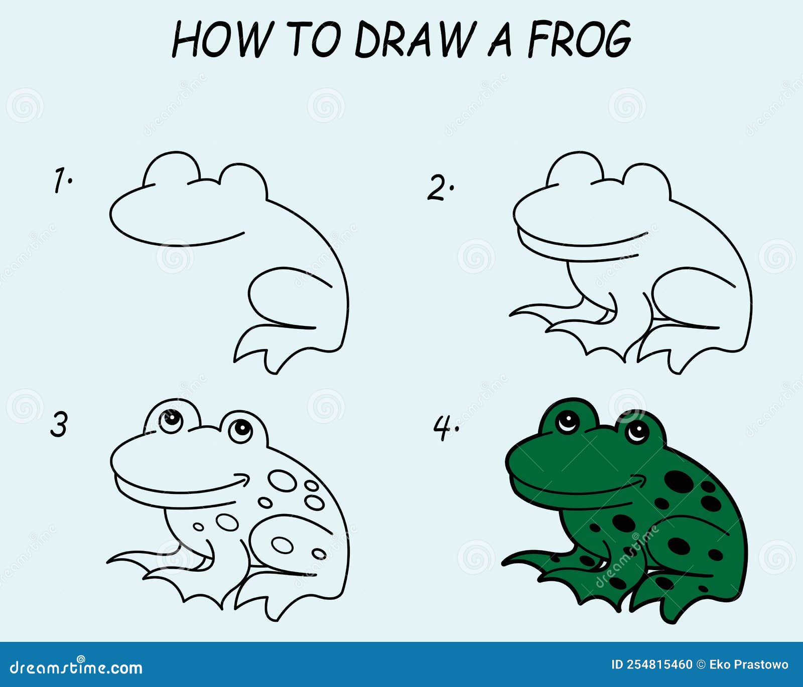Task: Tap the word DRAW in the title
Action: click(414, 39)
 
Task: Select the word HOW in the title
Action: click(222, 39)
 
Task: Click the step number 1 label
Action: click(63, 181)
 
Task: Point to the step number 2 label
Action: click(440, 188)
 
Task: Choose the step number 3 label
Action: click(59, 424)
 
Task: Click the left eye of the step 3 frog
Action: click(172, 419)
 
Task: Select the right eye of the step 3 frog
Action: click(241, 429)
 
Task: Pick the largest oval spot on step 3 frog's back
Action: click(282, 480)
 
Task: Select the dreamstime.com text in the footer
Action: click(76, 667)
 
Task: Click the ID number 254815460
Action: click(651, 665)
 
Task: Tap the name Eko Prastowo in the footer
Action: click(748, 665)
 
